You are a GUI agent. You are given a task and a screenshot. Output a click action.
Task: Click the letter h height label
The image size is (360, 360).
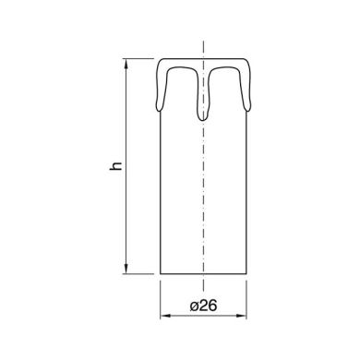point(116,166)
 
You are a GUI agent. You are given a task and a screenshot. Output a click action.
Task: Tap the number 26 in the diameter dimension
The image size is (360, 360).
point(208,306)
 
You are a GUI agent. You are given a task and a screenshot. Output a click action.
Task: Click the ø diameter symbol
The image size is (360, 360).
point(195,306)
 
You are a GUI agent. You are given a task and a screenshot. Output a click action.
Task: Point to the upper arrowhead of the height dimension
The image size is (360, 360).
point(126,64)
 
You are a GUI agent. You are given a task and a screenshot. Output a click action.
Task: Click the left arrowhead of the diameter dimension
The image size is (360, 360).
point(165,316)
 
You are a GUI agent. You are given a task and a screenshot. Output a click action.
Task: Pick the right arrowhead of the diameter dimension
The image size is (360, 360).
point(241,316)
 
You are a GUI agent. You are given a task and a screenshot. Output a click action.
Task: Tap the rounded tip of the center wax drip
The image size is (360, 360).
point(203,120)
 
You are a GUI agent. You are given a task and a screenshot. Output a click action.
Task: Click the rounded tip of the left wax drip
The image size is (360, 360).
point(159,111)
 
